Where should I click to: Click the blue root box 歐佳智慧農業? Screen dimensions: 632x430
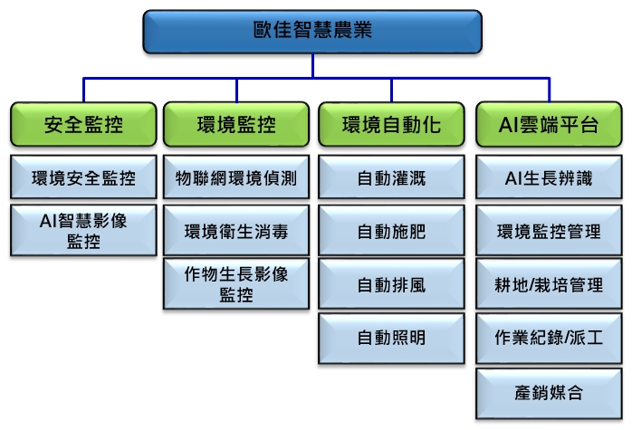point(312,32)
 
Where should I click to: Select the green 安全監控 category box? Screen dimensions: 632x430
point(83,124)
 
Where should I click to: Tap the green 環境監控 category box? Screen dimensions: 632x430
point(236,124)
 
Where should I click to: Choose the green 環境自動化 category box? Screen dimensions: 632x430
point(391,124)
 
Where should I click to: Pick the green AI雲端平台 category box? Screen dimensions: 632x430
point(549,124)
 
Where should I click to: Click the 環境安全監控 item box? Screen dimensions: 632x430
point(83,177)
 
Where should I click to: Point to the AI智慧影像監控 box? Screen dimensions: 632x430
point(83,231)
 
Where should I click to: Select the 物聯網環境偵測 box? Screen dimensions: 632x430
point(236,177)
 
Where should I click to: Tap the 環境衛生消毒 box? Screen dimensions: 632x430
point(236,231)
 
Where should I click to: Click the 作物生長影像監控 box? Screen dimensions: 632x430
point(236,284)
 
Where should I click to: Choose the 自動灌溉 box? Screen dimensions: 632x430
point(391,177)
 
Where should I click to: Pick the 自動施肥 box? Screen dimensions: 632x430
point(391,231)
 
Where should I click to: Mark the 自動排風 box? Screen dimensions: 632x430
point(391,284)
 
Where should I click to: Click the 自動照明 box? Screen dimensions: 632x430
point(391,339)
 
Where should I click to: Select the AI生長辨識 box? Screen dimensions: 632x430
point(549,177)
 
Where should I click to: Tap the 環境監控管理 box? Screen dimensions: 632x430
point(549,231)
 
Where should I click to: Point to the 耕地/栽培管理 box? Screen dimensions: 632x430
point(549,284)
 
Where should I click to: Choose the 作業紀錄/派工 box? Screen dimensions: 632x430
point(549,339)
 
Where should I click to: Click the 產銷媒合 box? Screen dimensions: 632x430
point(549,393)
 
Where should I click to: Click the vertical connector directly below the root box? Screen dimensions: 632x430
point(312,66)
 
